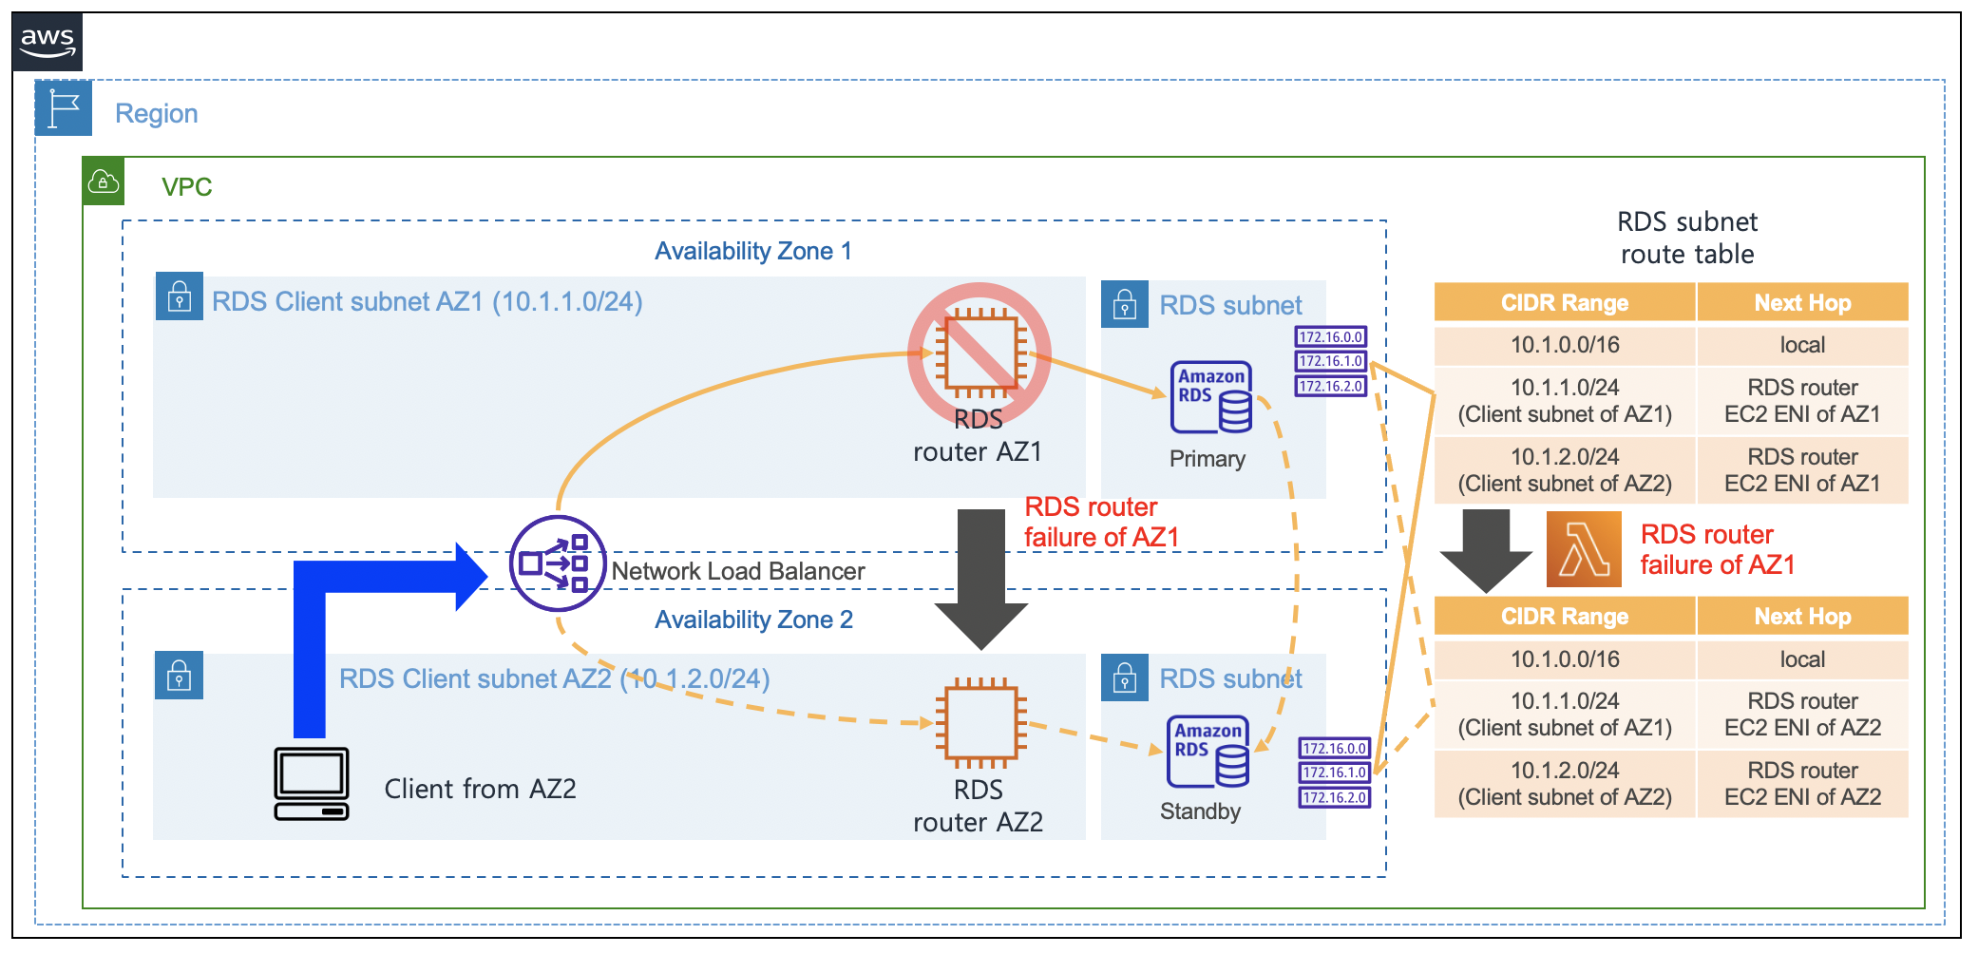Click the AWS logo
(x=48, y=42)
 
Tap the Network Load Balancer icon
(x=558, y=563)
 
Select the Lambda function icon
(x=1584, y=549)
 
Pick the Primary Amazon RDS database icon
(x=1211, y=397)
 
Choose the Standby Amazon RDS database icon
(x=1208, y=752)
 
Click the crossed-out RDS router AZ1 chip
(x=979, y=353)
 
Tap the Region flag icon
(x=64, y=108)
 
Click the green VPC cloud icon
(x=104, y=181)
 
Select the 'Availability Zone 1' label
(x=752, y=251)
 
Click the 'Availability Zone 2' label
(x=753, y=620)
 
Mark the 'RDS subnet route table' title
(x=1687, y=238)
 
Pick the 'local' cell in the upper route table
(x=1802, y=345)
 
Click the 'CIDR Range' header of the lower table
(x=1565, y=617)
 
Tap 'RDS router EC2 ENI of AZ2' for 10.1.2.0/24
(x=1802, y=784)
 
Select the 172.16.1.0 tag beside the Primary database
(x=1331, y=361)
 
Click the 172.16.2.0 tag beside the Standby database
(x=1335, y=798)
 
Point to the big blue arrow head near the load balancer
(x=471, y=576)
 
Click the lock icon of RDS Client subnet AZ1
(x=179, y=297)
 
